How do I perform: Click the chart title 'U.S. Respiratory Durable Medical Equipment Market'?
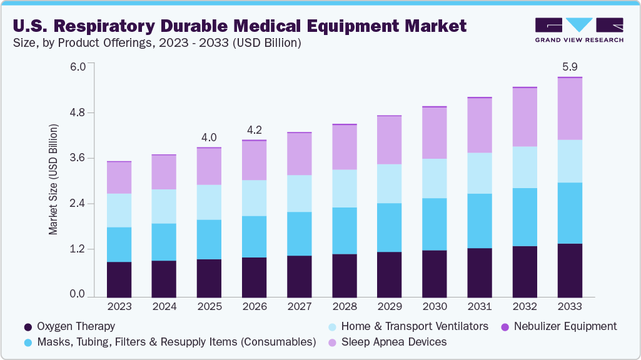coord(240,26)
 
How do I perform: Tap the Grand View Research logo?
coord(579,29)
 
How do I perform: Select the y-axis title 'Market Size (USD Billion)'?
coord(53,179)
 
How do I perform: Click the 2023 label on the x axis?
coord(119,307)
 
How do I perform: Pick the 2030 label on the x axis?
coord(434,307)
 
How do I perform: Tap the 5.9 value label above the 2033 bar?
coord(569,66)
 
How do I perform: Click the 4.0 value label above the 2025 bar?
coord(209,137)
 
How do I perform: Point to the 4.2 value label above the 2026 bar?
coord(254,130)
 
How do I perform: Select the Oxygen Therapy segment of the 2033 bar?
coord(569,269)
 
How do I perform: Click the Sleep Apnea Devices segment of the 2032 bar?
coord(524,117)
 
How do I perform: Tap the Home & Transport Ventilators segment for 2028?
coord(344,188)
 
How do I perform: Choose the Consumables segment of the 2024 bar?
coord(164,242)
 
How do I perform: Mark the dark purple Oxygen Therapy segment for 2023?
coord(119,279)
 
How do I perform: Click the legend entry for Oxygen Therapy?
coord(69,326)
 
